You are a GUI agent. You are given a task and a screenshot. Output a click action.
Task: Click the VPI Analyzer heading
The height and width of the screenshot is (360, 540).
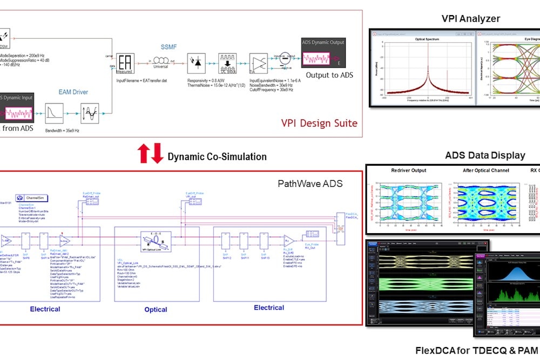[470, 19]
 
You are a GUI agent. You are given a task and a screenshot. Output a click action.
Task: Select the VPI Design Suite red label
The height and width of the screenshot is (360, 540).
[319, 123]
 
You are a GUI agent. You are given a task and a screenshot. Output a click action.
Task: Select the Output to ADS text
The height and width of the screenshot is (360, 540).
[329, 75]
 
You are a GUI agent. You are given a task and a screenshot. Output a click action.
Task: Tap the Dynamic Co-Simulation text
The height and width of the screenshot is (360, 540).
[217, 157]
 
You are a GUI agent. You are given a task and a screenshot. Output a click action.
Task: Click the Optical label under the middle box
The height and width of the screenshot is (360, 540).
[156, 310]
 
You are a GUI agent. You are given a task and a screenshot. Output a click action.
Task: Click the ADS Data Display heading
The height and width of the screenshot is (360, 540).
[485, 155]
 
